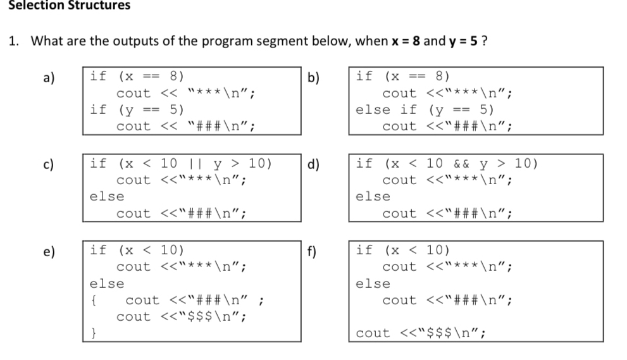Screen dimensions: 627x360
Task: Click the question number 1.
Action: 13,40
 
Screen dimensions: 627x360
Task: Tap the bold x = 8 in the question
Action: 406,40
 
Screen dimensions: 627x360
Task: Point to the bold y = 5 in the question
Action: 463,41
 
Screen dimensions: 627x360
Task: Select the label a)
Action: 49,77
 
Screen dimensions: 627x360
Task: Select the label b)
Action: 314,77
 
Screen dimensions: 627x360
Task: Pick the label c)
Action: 48,164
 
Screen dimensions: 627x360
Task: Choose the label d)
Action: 314,164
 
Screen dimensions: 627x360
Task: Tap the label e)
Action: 49,252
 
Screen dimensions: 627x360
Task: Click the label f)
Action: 311,251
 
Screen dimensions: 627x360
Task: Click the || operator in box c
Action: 196,164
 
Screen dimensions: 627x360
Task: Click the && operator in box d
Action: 461,164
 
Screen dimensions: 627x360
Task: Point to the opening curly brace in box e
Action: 94,300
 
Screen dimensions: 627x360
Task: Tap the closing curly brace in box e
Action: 94,333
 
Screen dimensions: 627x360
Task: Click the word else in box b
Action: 373,109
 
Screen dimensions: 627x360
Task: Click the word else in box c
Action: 107,196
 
